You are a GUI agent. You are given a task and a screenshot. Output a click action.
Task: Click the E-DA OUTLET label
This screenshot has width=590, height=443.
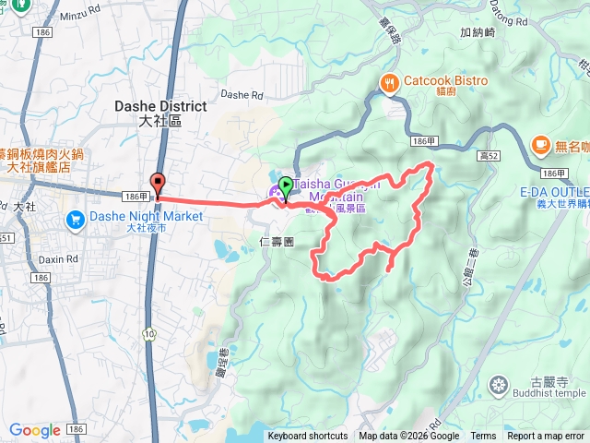coord(553,191)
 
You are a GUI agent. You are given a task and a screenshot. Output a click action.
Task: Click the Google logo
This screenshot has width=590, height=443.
coord(35,430)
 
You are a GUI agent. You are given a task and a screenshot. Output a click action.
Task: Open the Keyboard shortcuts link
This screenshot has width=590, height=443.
coord(308,437)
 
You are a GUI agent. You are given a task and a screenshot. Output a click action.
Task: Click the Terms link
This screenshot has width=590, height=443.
coord(483,437)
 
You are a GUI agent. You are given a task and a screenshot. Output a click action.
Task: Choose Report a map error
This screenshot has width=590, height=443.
coord(547,437)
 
